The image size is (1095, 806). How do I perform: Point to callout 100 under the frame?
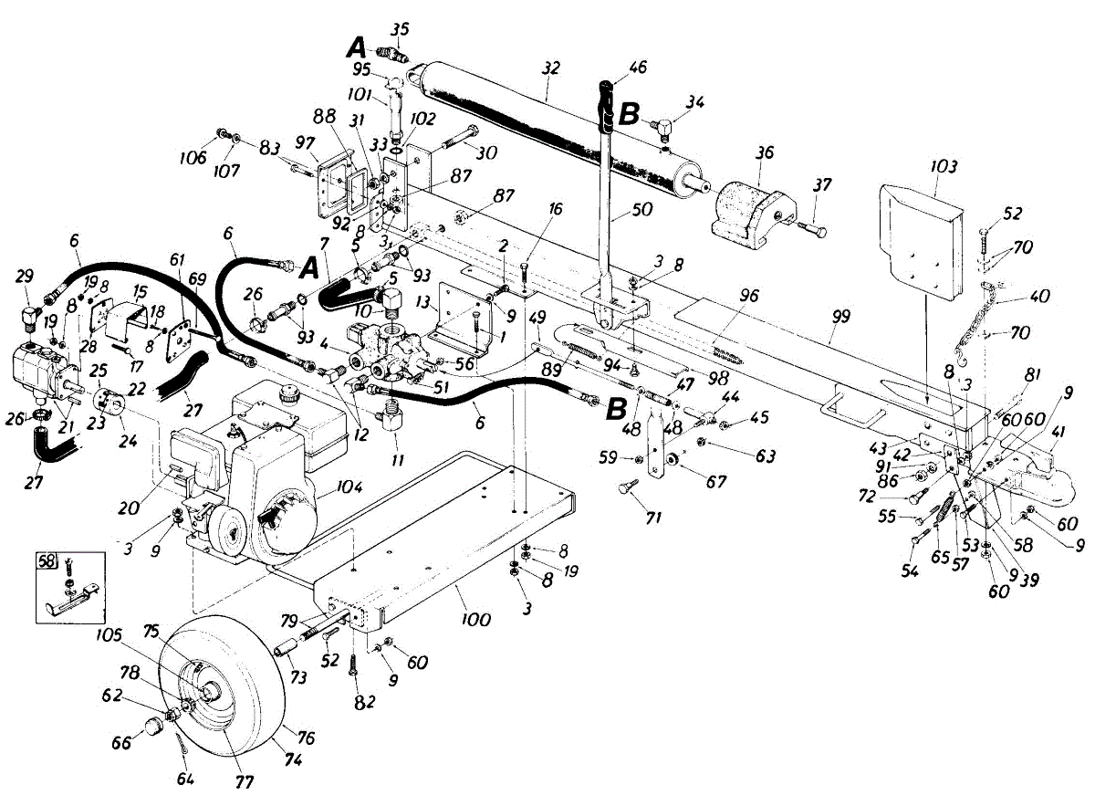coord(475,621)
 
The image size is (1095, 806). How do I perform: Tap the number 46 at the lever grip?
coord(637,67)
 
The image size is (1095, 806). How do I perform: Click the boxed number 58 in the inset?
coord(46,560)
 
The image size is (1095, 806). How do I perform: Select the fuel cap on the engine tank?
coord(291,394)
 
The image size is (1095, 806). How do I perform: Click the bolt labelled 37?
coord(808,226)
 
